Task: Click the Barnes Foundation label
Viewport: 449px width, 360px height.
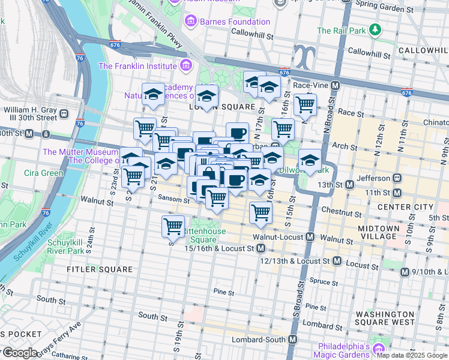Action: (x=235, y=22)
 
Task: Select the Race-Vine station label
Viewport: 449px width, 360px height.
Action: (x=311, y=85)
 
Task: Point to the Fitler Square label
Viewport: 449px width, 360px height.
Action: (x=100, y=269)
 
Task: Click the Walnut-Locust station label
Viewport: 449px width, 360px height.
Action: (x=278, y=238)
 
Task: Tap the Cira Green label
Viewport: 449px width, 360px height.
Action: (x=43, y=173)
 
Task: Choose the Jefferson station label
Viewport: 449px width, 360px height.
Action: (x=368, y=178)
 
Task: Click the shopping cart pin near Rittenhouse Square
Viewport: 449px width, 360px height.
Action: (x=173, y=226)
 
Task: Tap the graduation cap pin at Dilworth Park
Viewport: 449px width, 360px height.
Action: (x=310, y=160)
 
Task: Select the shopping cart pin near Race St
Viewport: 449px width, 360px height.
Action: (x=306, y=104)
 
